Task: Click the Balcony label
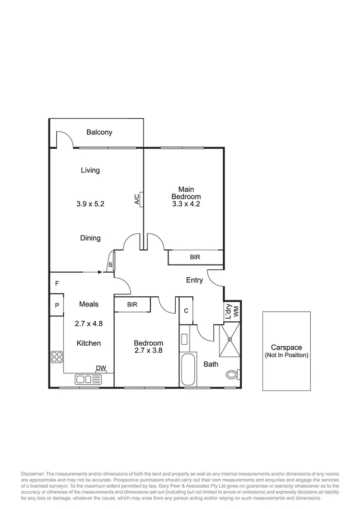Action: [x=99, y=132]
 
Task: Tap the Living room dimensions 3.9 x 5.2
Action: [x=90, y=204]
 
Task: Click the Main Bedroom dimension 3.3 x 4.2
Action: [x=186, y=204]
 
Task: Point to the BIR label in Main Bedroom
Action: [x=195, y=257]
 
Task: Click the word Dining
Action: [x=90, y=238]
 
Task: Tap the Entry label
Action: [x=194, y=280]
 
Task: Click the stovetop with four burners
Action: [x=57, y=357]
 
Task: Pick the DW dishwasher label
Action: [x=101, y=368]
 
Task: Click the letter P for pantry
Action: [x=57, y=305]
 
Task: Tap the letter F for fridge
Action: [x=57, y=283]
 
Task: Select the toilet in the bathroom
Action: [x=232, y=374]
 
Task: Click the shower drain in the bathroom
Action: [x=230, y=340]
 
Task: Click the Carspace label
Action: [x=286, y=347]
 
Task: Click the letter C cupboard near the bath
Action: [x=186, y=310]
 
